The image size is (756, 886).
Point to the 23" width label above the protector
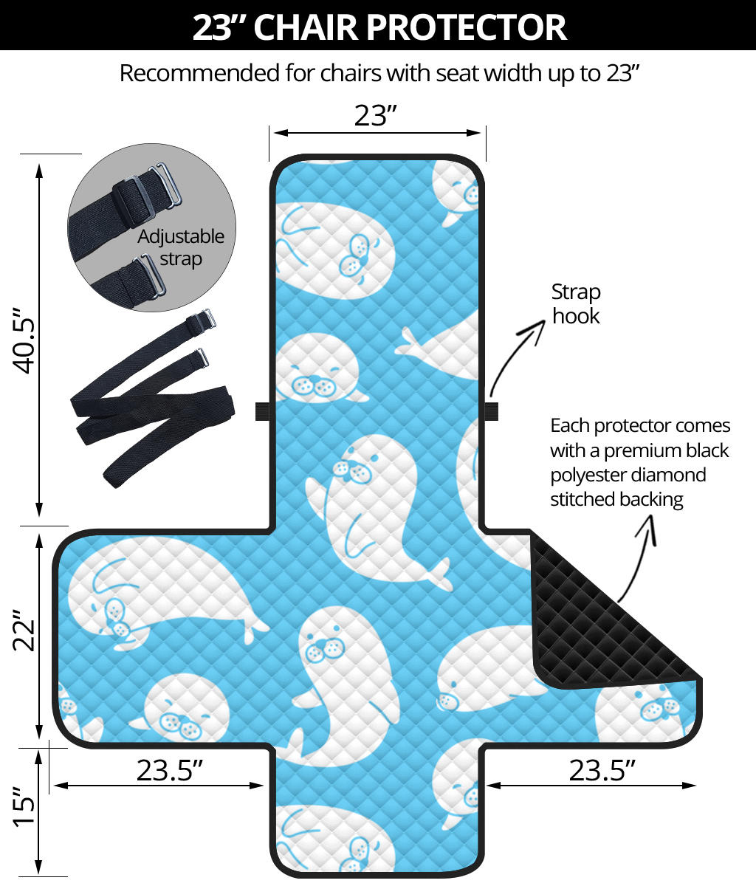coord(376,115)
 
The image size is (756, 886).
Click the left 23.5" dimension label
coord(170,770)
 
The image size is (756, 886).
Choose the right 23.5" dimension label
coord(602,770)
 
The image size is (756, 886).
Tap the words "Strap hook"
coord(576,303)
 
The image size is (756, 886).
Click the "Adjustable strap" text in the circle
coord(181,247)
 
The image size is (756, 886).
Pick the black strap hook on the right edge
coord(491,411)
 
